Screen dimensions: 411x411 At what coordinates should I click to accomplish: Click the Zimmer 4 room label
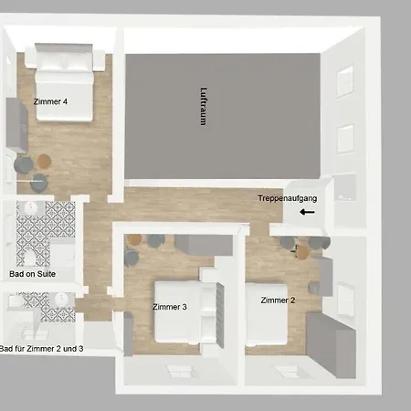click(50, 101)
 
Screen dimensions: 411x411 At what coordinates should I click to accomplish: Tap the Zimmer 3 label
click(170, 307)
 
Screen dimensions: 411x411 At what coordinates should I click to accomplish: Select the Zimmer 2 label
click(278, 300)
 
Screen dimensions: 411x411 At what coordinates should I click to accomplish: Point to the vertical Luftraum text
click(204, 106)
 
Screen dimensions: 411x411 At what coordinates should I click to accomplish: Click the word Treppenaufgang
click(288, 198)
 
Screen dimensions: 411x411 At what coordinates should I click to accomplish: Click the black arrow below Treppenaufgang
click(307, 212)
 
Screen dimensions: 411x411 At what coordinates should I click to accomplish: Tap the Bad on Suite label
click(32, 274)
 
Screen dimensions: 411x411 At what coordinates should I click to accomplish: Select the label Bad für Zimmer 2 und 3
click(41, 349)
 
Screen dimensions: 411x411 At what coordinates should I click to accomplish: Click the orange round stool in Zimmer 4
click(44, 161)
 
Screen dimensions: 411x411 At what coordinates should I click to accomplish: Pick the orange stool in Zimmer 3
click(134, 239)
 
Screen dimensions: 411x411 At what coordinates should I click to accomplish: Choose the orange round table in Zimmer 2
click(302, 252)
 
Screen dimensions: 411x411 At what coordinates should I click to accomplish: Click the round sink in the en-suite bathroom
click(31, 207)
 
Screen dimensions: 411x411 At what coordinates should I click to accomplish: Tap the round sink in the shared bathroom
click(62, 300)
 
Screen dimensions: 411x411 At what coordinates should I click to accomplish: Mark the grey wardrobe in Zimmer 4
click(16, 125)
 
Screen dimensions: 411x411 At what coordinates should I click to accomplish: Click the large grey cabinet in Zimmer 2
click(331, 345)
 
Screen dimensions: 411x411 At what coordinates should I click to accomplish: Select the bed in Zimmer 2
click(267, 314)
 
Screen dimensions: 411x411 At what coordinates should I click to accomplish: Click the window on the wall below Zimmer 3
click(180, 372)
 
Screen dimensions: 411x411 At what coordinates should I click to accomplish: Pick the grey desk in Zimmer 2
click(326, 277)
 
